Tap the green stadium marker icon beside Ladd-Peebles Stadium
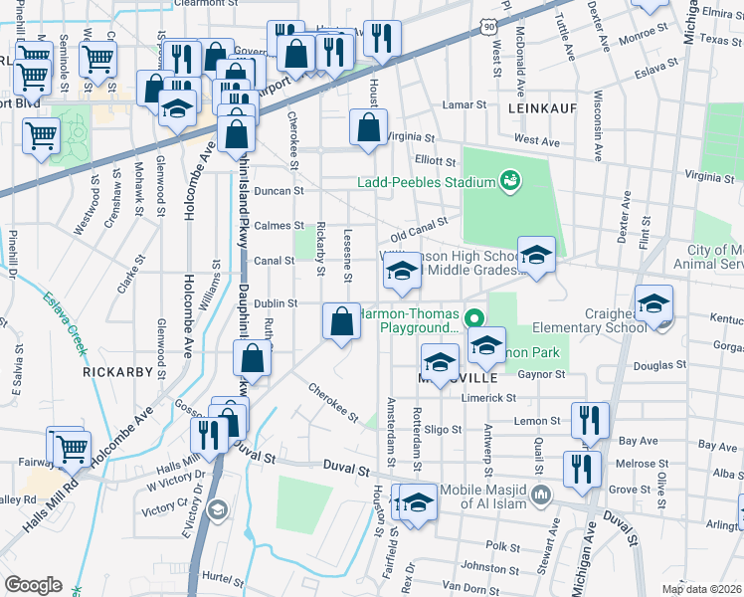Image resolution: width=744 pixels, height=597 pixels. pos(510,180)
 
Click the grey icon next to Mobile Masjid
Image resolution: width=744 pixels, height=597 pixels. pos(542,494)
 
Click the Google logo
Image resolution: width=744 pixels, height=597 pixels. pos(33,584)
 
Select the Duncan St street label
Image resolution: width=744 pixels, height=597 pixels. pos(278,190)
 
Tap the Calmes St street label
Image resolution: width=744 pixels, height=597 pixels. pos(279,226)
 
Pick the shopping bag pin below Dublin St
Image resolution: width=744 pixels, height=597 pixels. pos(341,321)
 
